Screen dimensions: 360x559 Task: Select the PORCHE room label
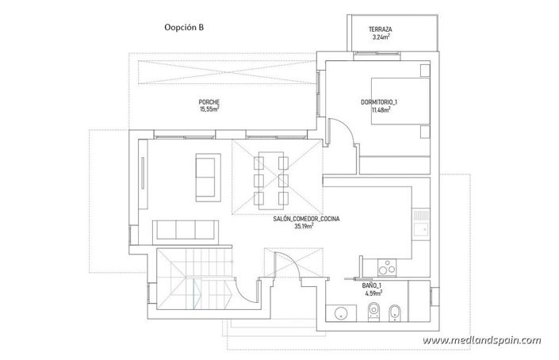click(209, 102)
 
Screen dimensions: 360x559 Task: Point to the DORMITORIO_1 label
click(379, 101)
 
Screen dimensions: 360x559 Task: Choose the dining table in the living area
click(271, 180)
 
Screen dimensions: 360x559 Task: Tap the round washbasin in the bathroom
click(343, 312)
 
